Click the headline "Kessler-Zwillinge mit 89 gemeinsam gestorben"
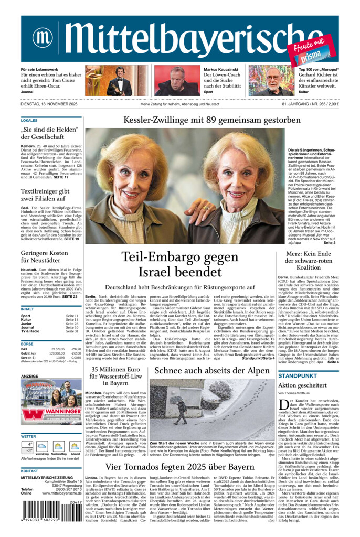211,120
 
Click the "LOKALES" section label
29,121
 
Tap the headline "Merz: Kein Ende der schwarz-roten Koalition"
308,260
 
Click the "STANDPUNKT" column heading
297,376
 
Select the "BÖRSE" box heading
27,343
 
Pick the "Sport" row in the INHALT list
26,316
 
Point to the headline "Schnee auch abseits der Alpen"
211,370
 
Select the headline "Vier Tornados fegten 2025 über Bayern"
180,467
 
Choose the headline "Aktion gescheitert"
302,385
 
